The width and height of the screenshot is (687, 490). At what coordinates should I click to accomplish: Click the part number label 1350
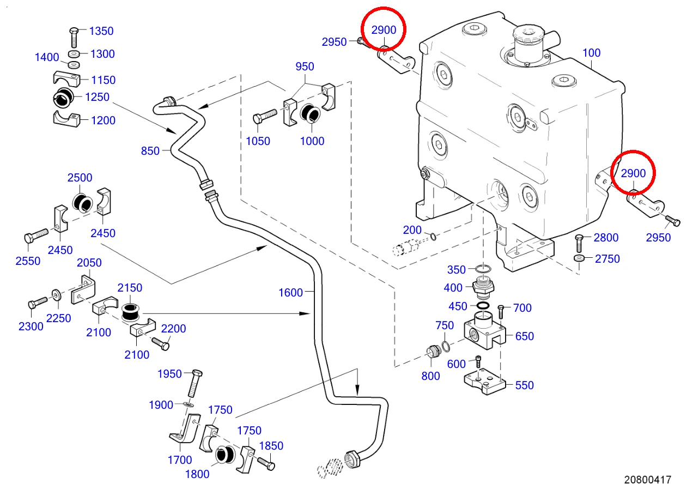(101, 31)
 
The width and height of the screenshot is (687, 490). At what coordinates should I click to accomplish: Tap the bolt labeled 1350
(74, 38)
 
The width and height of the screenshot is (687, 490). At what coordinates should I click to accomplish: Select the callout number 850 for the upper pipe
(150, 150)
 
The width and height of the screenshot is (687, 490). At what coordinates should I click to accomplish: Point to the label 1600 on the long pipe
(290, 292)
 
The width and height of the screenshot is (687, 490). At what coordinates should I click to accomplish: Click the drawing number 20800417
(648, 479)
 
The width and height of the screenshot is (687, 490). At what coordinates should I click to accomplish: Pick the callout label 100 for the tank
(591, 53)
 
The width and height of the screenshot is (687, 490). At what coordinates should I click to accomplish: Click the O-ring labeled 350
(483, 269)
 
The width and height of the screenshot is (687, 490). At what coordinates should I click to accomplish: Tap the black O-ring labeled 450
(483, 306)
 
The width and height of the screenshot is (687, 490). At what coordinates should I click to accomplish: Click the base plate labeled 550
(484, 382)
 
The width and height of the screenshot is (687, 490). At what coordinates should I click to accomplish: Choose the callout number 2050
(89, 263)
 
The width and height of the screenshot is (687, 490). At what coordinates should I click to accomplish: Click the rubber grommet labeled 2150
(131, 312)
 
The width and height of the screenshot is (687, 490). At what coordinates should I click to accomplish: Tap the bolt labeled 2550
(36, 235)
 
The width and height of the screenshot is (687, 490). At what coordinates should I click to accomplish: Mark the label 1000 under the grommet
(312, 141)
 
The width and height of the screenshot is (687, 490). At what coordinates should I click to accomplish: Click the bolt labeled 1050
(265, 116)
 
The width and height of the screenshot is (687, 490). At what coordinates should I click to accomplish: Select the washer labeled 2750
(579, 257)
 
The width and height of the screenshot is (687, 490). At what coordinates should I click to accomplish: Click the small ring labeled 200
(433, 237)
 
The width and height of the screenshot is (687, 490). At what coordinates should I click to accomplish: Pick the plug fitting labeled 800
(433, 352)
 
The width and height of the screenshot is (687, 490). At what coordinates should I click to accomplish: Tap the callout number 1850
(271, 445)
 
